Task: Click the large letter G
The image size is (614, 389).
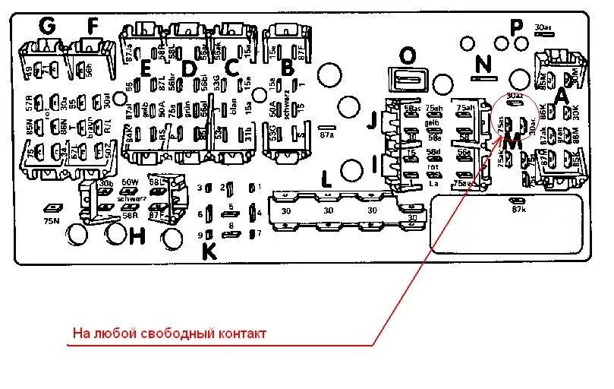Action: coord(48,26)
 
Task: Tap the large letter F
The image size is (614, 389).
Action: coord(93,26)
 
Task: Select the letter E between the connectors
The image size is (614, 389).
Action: coord(146,68)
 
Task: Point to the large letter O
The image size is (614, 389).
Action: coord(408,55)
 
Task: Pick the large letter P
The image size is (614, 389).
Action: coord(516,28)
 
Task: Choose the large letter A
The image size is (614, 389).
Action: coord(562,95)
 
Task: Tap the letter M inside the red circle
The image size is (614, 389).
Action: coord(512,141)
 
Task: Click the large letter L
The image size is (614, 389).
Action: coord(326,180)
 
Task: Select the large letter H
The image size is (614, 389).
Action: coord(137,236)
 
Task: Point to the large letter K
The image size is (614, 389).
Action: coord(209,251)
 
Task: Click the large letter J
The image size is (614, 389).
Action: coord(371,120)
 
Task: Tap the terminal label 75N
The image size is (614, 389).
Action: coord(51,220)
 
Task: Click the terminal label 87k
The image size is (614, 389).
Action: coord(519,209)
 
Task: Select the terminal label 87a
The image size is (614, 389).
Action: coord(327,136)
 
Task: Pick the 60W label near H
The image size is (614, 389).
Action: coord(129,183)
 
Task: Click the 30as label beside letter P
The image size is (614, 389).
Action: coord(543,26)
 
